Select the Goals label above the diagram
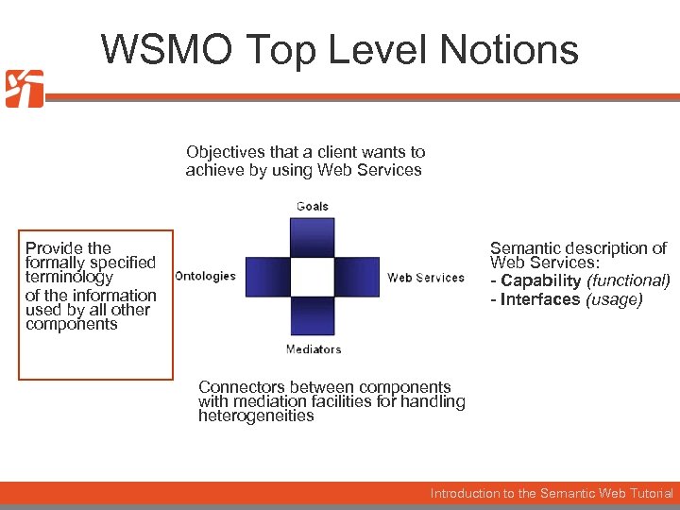click(313, 206)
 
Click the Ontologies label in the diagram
click(205, 277)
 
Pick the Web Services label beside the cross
click(426, 278)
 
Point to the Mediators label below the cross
click(314, 349)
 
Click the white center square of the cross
click(313, 277)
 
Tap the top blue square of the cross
click(313, 237)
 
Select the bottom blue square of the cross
click(313, 317)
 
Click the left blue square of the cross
click(267, 277)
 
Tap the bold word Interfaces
click(540, 299)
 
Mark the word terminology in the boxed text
click(69, 278)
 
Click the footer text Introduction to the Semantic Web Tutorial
click(552, 493)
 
